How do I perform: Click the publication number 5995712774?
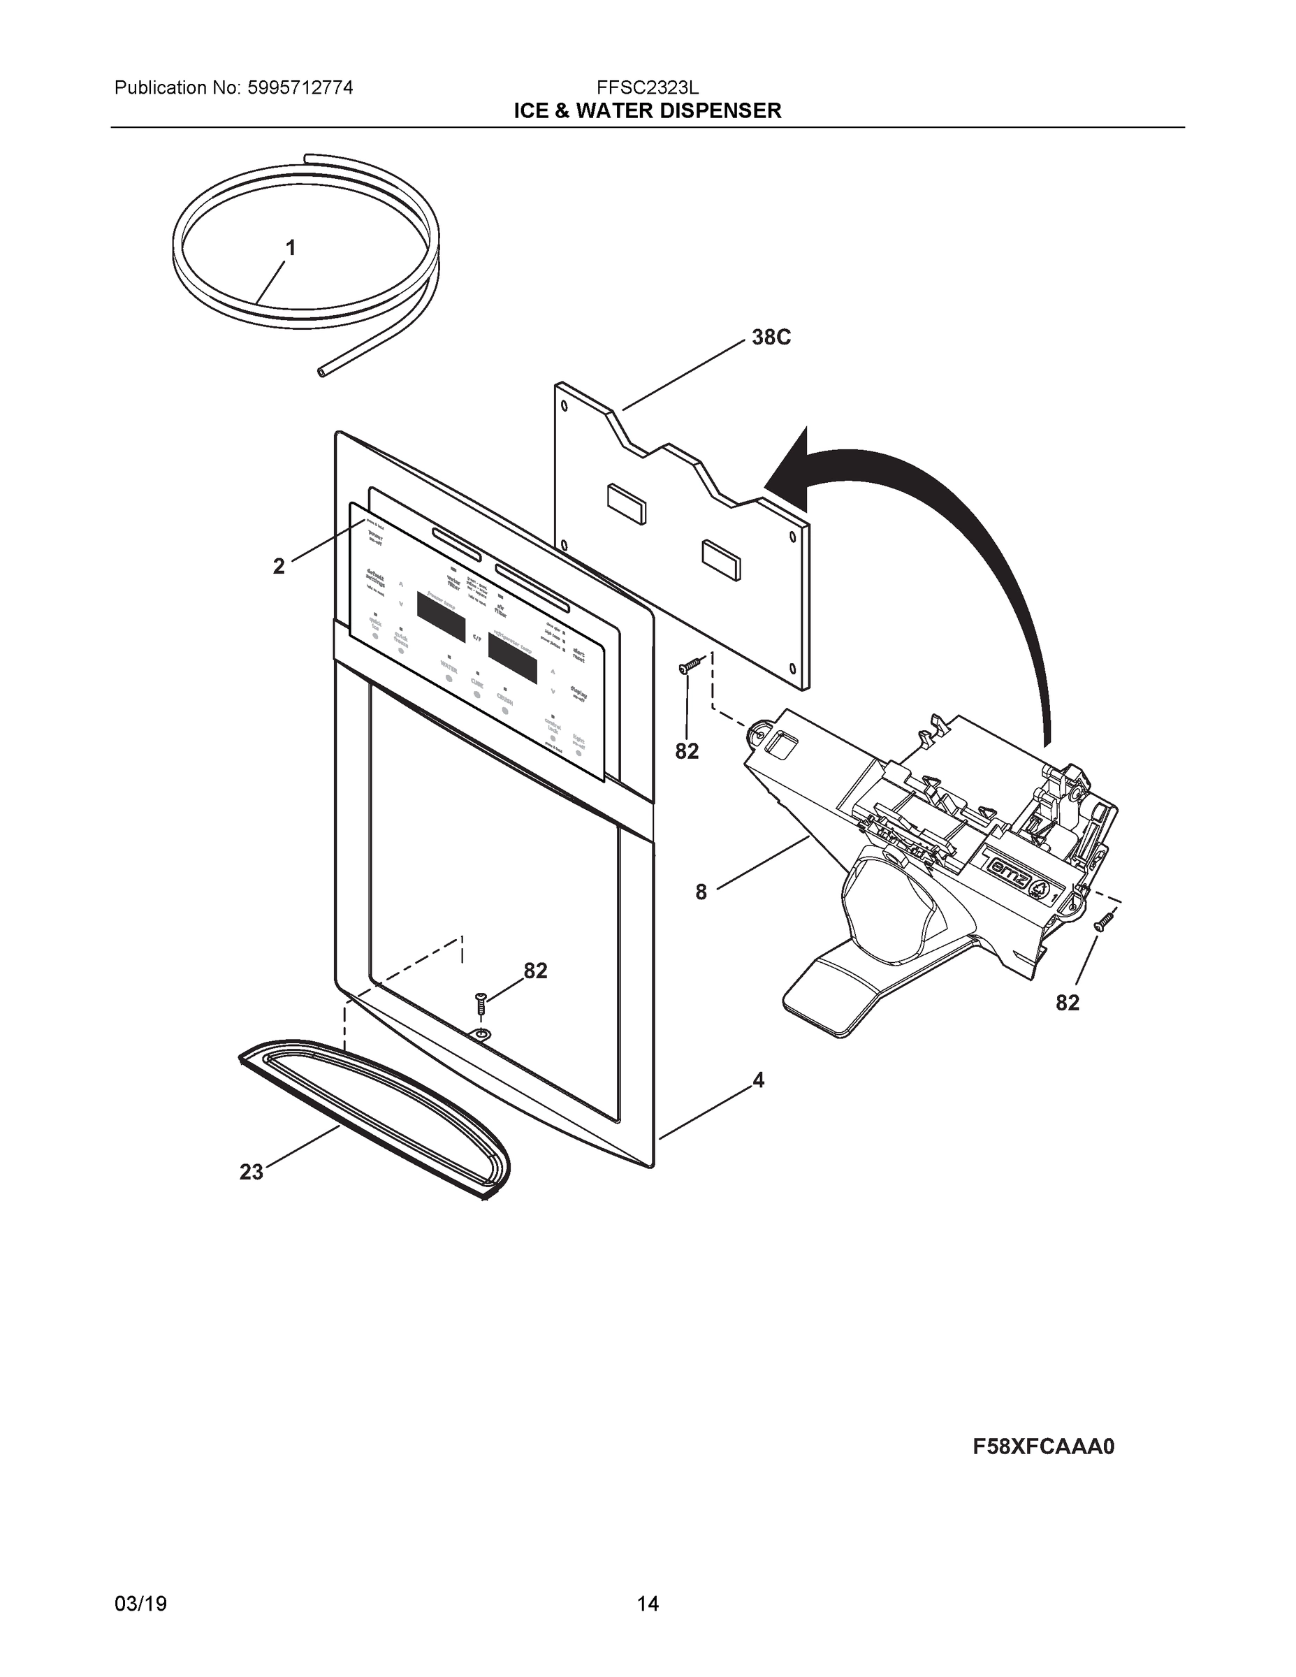click(300, 88)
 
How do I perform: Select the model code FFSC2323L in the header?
click(647, 88)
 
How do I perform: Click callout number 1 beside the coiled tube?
click(290, 248)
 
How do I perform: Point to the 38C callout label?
click(771, 337)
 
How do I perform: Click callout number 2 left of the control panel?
click(279, 567)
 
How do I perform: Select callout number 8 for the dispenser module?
click(701, 892)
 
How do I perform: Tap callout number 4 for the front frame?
click(759, 1080)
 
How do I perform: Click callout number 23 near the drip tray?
click(251, 1173)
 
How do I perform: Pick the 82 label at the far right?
click(1068, 1003)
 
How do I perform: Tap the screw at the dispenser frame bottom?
click(481, 1001)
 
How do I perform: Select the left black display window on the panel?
click(441, 616)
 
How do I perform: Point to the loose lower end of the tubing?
click(321, 371)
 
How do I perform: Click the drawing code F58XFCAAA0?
click(1043, 1446)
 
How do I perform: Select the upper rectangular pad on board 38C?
click(626, 504)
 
